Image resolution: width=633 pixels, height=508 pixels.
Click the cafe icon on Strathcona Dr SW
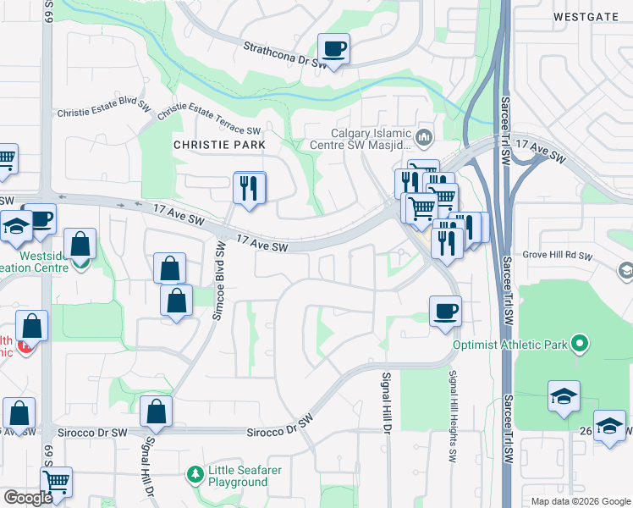point(333,49)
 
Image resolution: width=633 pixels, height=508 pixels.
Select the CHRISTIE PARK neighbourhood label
point(219,145)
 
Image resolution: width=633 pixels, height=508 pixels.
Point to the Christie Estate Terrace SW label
point(208,119)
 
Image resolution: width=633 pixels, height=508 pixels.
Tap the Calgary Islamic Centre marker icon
point(425,135)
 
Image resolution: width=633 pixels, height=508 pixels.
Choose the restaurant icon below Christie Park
point(249,187)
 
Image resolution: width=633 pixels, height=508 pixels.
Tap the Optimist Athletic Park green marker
point(580,344)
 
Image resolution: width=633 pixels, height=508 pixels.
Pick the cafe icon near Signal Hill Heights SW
point(445,311)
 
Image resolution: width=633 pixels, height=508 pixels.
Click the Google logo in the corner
point(28,497)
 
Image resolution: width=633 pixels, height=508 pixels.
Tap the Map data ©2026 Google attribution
point(580,501)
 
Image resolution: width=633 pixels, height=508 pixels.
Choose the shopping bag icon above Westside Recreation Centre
point(80,244)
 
